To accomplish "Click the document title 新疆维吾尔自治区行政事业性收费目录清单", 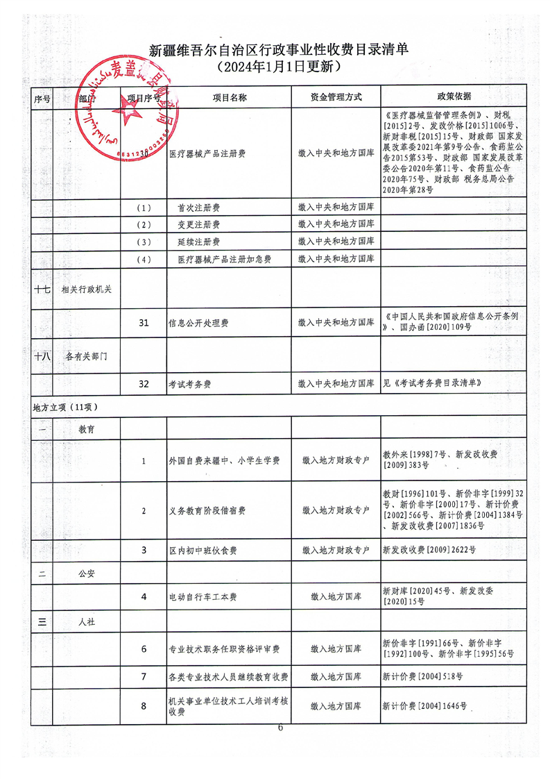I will (280, 49).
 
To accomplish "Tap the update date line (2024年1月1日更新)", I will (280, 67).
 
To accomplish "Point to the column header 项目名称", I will (229, 98).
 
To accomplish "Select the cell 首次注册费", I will (199, 208).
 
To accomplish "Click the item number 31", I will (144, 323).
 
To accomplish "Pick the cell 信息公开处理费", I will (199, 324).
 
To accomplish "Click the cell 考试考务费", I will (189, 383).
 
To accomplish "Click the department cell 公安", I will (87, 573).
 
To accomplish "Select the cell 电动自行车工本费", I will (203, 596).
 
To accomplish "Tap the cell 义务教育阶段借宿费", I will (207, 511).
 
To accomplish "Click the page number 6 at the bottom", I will (280, 728).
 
